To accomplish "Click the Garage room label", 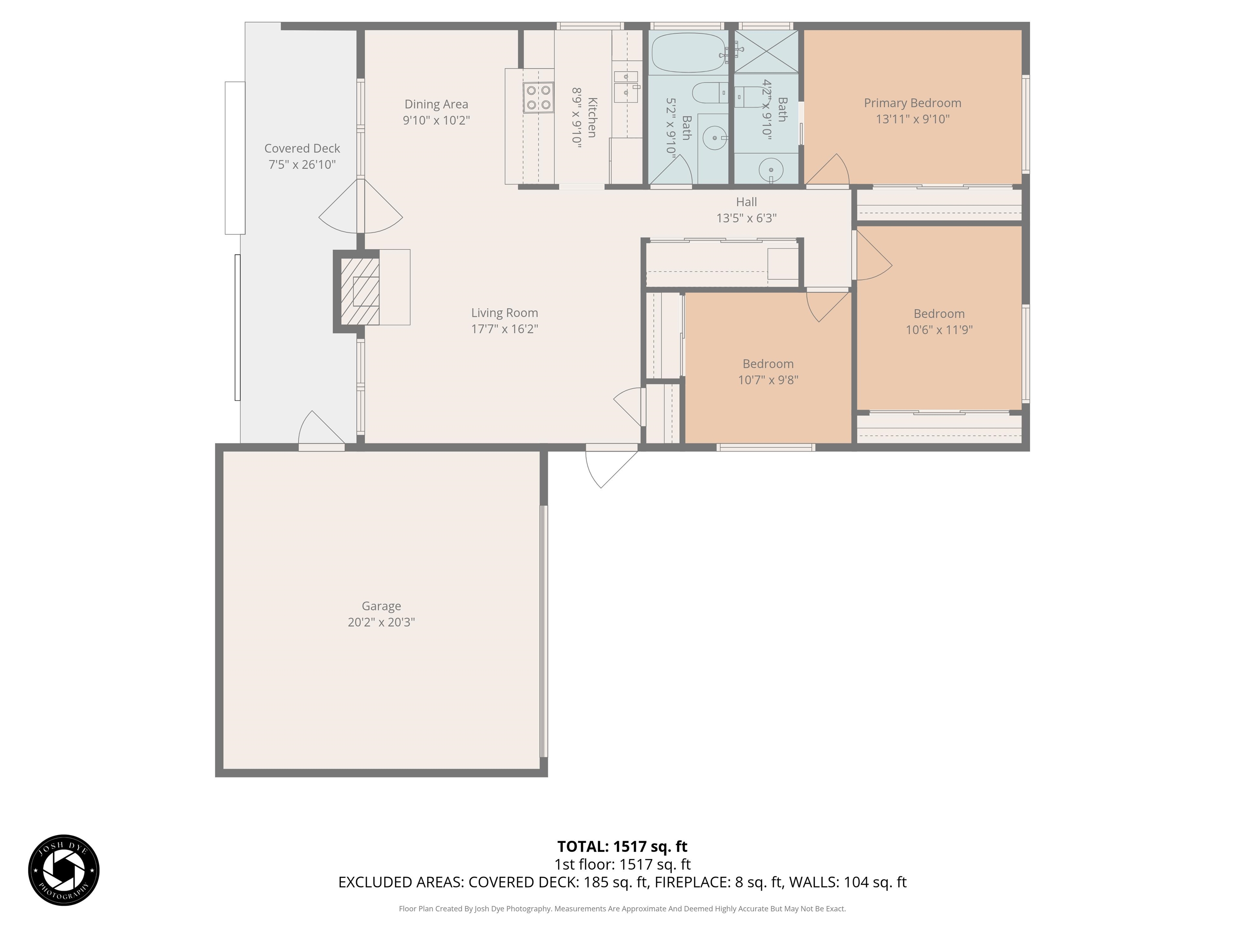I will [x=381, y=606].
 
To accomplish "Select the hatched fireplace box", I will [x=360, y=291].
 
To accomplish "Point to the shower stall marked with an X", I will [x=766, y=51].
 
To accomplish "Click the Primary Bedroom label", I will [x=912, y=103].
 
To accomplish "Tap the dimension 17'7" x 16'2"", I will [x=504, y=329].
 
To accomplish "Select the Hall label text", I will [x=747, y=201].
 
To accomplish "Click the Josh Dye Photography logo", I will [x=64, y=870].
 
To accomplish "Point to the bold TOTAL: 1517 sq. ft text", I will [x=622, y=846].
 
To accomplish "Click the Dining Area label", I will [x=436, y=104].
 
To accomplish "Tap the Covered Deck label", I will [x=302, y=149].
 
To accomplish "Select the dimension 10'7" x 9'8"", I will [x=768, y=380].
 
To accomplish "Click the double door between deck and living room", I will [x=361, y=207].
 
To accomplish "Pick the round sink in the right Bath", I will [x=770, y=169].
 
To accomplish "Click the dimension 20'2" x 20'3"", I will [x=381, y=622].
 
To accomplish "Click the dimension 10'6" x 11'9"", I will [x=939, y=330].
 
